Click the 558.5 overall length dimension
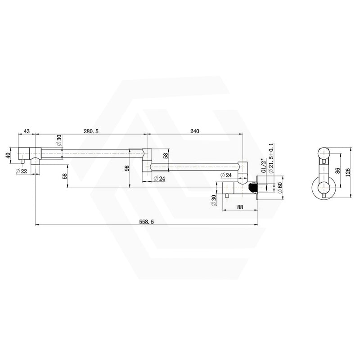(x=146, y=221)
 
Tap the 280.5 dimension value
(x=91, y=131)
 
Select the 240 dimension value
(x=194, y=131)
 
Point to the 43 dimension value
(x=27, y=131)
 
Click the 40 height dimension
(x=8, y=155)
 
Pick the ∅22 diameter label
(x=21, y=171)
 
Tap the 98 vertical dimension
(x=127, y=168)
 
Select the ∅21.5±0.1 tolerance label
(x=271, y=158)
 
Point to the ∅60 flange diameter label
(x=279, y=188)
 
